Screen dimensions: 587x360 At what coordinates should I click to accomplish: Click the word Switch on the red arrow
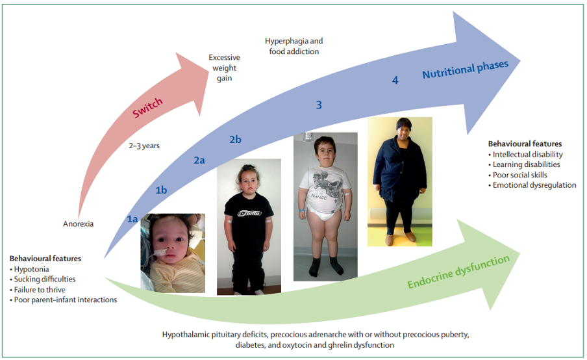pos(147,107)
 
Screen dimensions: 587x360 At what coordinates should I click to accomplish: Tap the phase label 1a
pos(132,219)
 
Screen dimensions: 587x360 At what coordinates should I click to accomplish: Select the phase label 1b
pos(161,190)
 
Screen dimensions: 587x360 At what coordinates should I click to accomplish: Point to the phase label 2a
pos(199,161)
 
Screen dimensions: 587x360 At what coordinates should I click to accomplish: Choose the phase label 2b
pos(235,139)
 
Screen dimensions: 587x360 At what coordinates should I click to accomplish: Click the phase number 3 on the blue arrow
pos(319,105)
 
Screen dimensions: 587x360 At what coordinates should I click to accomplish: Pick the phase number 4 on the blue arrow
pos(395,80)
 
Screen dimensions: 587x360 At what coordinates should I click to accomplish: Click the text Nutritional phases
pos(466,69)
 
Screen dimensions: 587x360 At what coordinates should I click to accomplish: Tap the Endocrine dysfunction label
pos(458,272)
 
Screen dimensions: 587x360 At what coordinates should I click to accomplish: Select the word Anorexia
pos(78,224)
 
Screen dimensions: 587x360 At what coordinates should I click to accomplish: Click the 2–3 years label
pos(144,146)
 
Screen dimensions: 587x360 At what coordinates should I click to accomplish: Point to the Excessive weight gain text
pos(224,68)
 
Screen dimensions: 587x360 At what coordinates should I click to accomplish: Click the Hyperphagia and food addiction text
pos(294,46)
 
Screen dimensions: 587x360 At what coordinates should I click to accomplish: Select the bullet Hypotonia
pos(29,269)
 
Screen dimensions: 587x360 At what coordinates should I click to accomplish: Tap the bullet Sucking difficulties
pos(43,279)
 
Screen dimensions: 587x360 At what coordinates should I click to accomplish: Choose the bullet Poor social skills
pos(518,175)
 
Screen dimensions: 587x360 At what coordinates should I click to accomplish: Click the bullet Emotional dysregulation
pos(532,185)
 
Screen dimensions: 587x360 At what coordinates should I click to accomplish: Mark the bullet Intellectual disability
pos(525,155)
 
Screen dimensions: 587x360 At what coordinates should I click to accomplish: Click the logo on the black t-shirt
pos(250,213)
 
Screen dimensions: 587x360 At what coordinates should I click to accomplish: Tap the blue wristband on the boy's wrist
pos(302,211)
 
